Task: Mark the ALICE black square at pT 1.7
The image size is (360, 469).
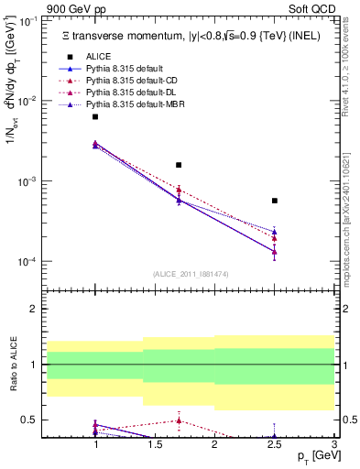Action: point(179,165)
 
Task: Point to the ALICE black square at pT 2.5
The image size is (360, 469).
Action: point(275,201)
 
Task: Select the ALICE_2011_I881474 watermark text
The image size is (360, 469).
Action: point(191,274)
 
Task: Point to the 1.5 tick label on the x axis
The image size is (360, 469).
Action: point(155,444)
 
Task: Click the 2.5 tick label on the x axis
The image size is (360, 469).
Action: point(275,444)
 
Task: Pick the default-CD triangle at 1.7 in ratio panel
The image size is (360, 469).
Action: point(179,420)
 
